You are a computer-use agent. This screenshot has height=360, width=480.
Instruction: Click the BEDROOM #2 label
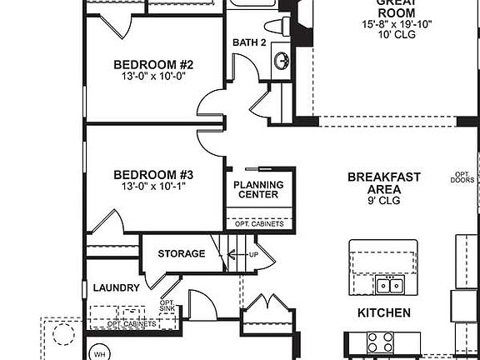pyautogui.click(x=153, y=65)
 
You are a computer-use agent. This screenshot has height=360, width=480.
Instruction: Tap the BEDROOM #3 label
pyautogui.click(x=153, y=175)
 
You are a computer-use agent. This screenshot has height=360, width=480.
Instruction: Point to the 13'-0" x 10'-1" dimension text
pyautogui.click(x=153, y=187)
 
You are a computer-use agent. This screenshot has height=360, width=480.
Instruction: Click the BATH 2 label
pyautogui.click(x=249, y=42)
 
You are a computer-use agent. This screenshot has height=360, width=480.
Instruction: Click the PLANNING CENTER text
pyautogui.click(x=257, y=190)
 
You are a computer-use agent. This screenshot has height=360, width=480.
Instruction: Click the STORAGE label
pyautogui.click(x=181, y=253)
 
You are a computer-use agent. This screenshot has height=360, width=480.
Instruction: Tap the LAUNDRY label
pyautogui.click(x=116, y=287)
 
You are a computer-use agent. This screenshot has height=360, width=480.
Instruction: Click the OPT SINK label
pyautogui.click(x=167, y=307)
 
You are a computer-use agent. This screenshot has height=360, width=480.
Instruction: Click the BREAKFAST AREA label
pyautogui.click(x=383, y=182)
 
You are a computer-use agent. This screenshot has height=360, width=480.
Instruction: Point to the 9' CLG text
pyautogui.click(x=383, y=201)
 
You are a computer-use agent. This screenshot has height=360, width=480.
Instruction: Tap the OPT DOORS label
pyautogui.click(x=462, y=177)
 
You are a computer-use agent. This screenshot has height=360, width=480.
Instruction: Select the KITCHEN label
pyautogui.click(x=383, y=313)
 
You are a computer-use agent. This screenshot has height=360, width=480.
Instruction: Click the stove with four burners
pyautogui.click(x=380, y=342)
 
